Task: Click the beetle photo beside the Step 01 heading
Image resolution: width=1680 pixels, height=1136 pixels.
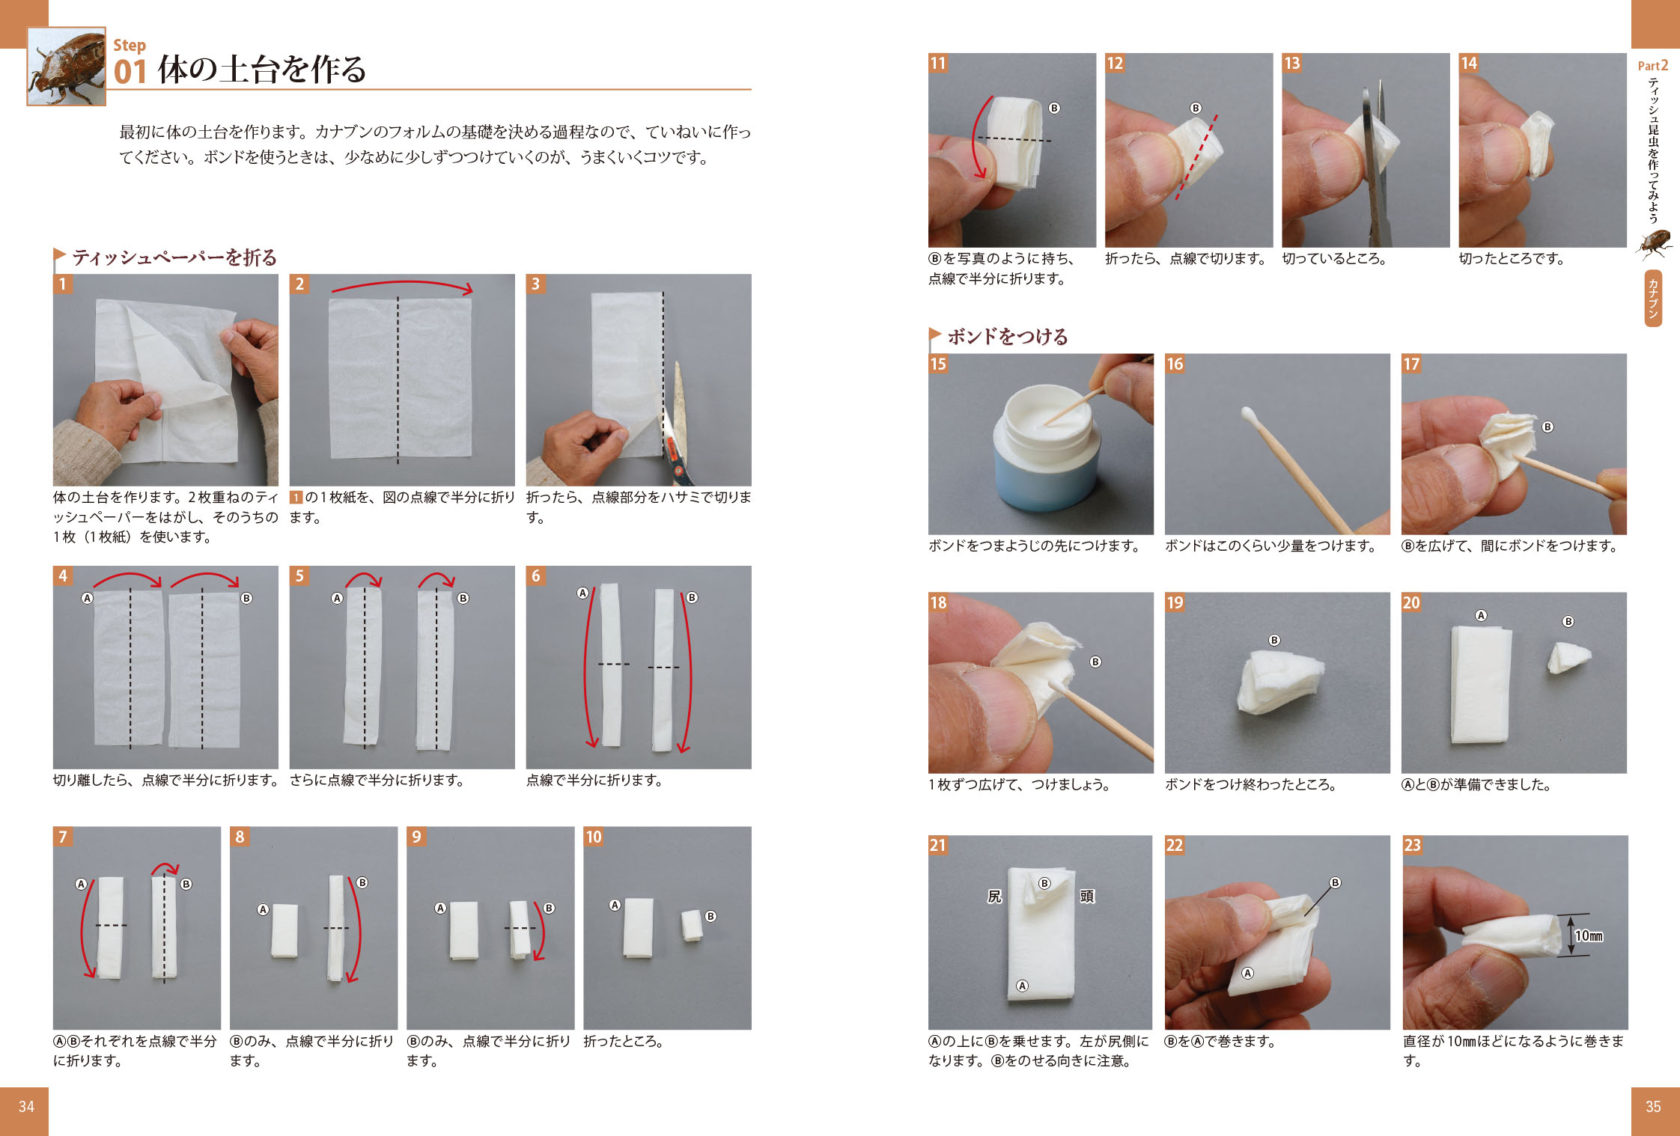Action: pos(67,67)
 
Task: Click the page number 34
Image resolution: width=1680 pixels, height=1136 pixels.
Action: pos(26,1107)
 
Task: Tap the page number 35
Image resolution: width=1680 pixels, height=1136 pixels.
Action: pos(1653,1107)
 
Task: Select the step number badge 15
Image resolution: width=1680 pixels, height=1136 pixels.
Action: pos(938,364)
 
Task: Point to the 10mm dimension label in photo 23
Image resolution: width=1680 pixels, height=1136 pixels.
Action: pos(1589,935)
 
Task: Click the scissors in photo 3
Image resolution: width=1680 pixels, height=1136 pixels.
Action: pos(678,427)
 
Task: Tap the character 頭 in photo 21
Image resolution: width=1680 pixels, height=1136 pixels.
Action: pos(1087,896)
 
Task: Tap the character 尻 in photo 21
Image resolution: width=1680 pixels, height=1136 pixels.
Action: pos(994,896)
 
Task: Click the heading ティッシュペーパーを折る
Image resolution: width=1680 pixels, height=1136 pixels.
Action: pos(174,257)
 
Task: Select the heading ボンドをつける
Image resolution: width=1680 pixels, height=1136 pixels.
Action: pos(1008,337)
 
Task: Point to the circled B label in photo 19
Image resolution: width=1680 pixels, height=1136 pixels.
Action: pos(1274,640)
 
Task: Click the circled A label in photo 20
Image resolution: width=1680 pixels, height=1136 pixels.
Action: pos(1481,615)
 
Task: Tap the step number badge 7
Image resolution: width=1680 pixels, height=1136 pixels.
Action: pos(63,837)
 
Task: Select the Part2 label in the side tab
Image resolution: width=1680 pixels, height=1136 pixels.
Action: pos(1653,66)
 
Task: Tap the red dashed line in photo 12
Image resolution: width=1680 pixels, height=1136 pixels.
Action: pos(1196,156)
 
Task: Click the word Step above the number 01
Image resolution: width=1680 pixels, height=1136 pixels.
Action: pos(130,45)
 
